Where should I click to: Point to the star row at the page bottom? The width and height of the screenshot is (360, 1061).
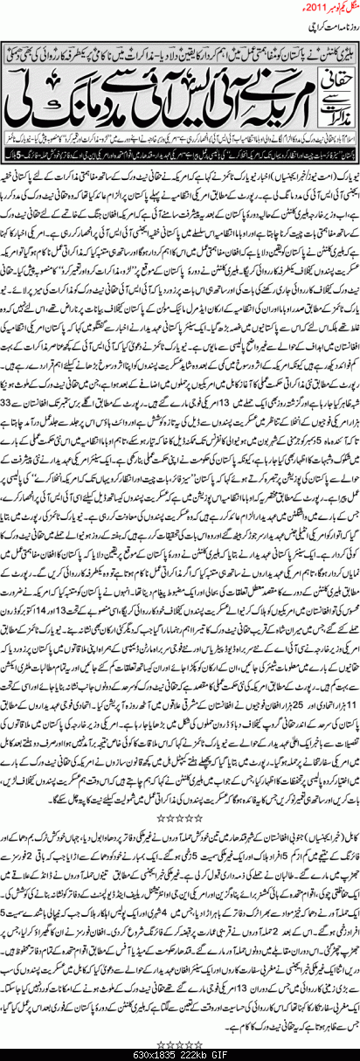pos(179,1043)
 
